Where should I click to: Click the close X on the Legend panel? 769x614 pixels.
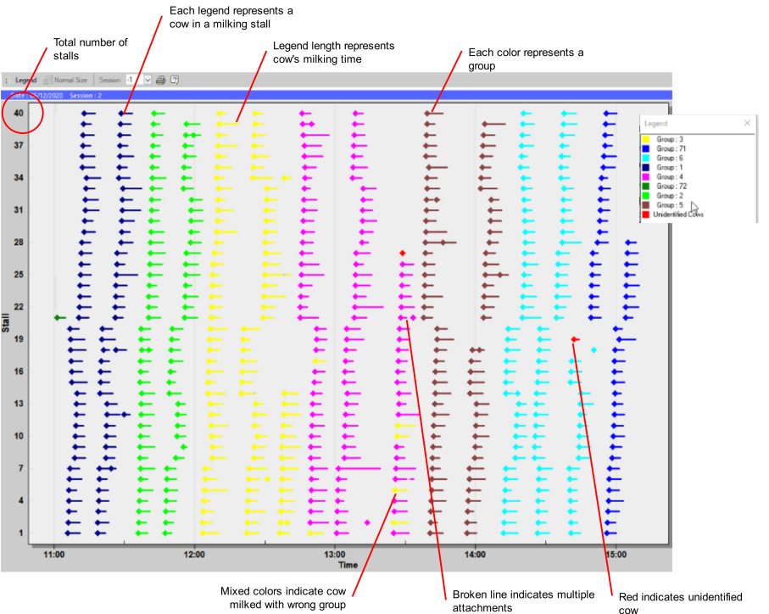point(747,123)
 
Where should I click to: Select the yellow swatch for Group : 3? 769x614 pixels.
point(646,139)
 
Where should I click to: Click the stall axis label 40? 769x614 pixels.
point(18,112)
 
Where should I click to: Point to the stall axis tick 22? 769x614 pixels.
point(18,306)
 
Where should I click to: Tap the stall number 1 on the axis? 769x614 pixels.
point(20,533)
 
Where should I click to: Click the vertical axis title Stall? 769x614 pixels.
point(6,322)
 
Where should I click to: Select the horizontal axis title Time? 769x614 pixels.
point(348,565)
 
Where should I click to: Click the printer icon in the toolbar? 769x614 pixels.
point(160,80)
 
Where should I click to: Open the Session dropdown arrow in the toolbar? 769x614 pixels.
point(148,80)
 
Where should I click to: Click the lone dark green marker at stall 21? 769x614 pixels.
point(58,317)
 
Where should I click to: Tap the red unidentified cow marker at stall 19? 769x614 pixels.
point(575,339)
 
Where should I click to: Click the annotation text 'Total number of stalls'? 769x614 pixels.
point(90,49)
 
